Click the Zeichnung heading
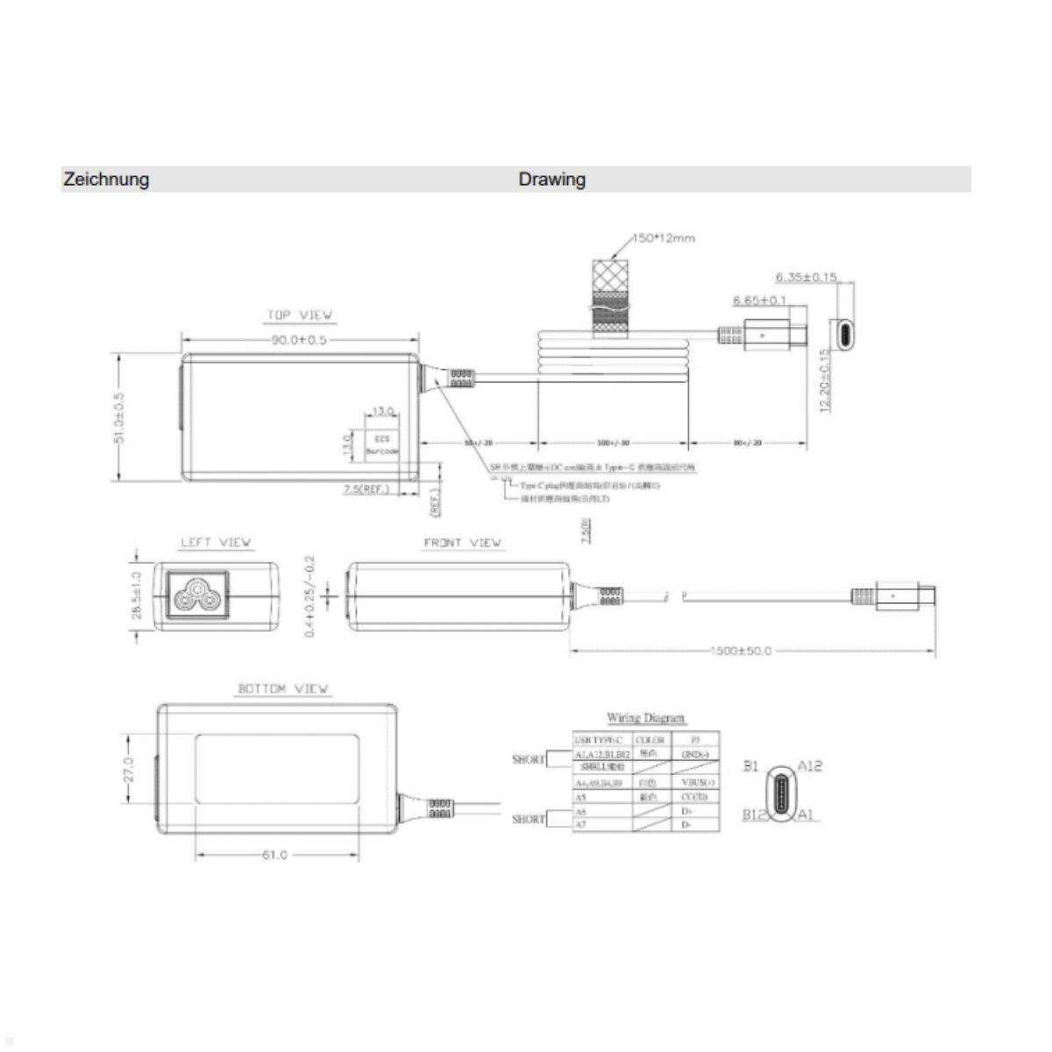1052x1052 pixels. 105,180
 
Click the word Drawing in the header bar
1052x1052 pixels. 551,180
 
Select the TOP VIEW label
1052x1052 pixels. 300,315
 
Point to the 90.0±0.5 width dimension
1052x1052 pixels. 298,339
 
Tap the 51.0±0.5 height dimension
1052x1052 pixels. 119,417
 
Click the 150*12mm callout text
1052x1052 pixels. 664,238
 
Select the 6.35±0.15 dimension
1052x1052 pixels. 807,277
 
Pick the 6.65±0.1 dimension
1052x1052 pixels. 759,301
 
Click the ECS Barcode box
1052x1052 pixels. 381,444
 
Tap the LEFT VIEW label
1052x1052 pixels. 216,543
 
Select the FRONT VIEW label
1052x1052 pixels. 462,543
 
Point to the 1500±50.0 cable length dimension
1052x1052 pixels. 742,651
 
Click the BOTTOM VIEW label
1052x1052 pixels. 283,689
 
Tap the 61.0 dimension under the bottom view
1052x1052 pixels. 274,855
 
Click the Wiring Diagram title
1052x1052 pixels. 645,719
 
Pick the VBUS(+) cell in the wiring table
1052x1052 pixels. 698,782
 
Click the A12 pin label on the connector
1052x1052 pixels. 810,765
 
